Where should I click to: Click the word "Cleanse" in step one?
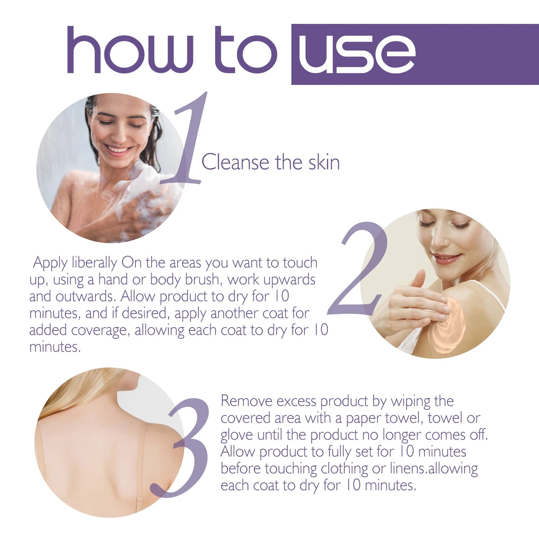(235, 163)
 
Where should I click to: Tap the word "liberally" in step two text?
(94, 263)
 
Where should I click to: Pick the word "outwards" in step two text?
(86, 297)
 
